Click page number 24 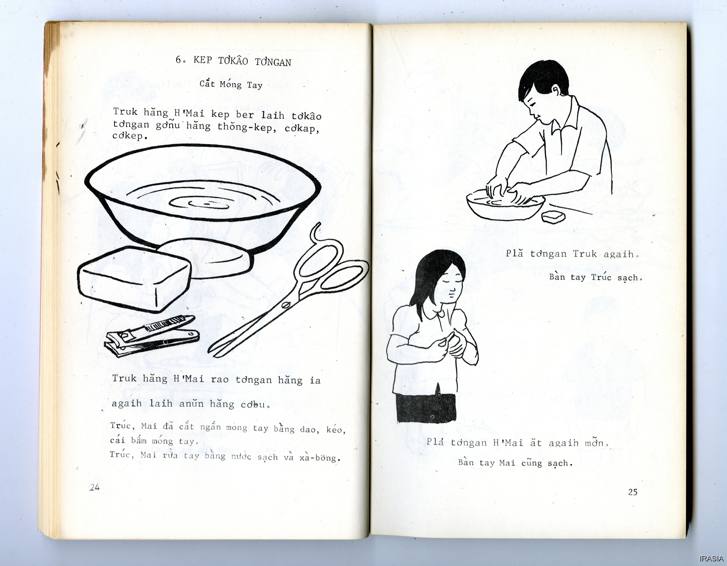click(x=95, y=487)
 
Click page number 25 click(x=632, y=492)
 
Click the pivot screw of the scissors click(x=285, y=305)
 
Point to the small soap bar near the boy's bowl click(x=553, y=217)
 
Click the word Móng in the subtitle click(x=230, y=84)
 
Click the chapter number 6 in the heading click(x=179, y=60)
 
